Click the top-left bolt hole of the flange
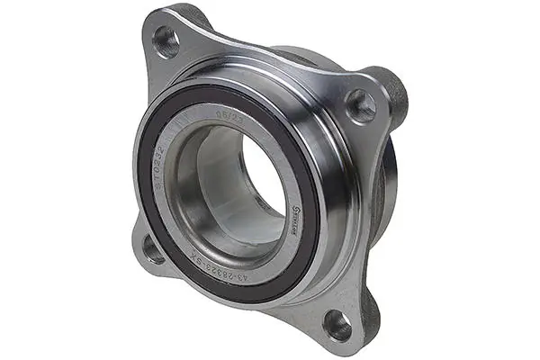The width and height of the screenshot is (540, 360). pyautogui.click(x=166, y=39)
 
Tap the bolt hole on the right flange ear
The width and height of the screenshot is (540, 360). pyautogui.click(x=361, y=106)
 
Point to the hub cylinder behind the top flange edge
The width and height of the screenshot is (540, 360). pyautogui.click(x=306, y=56)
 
